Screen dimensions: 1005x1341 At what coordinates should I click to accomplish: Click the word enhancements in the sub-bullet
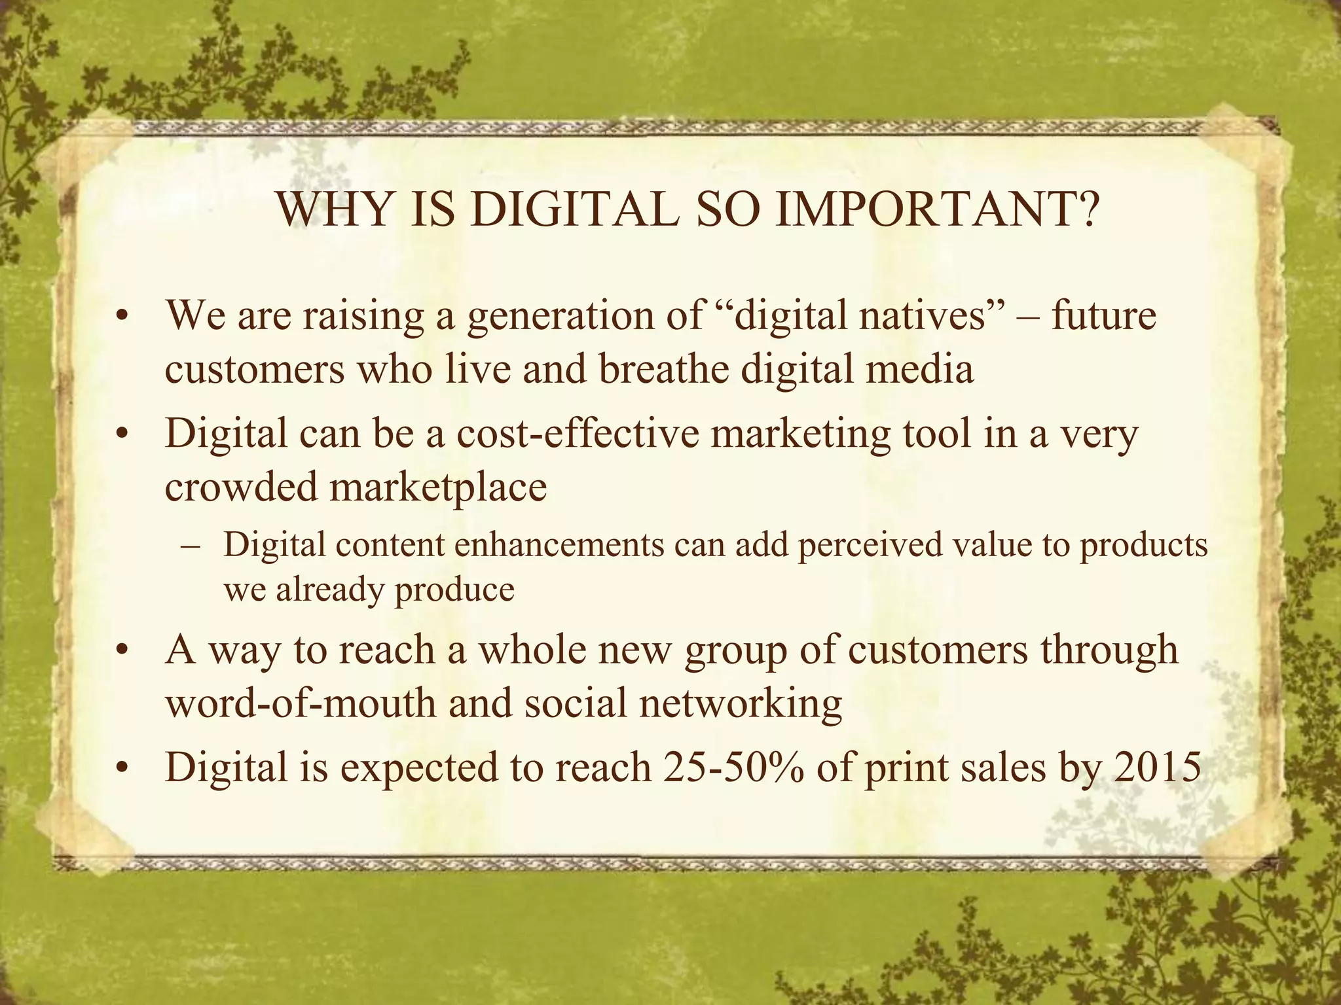(559, 544)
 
